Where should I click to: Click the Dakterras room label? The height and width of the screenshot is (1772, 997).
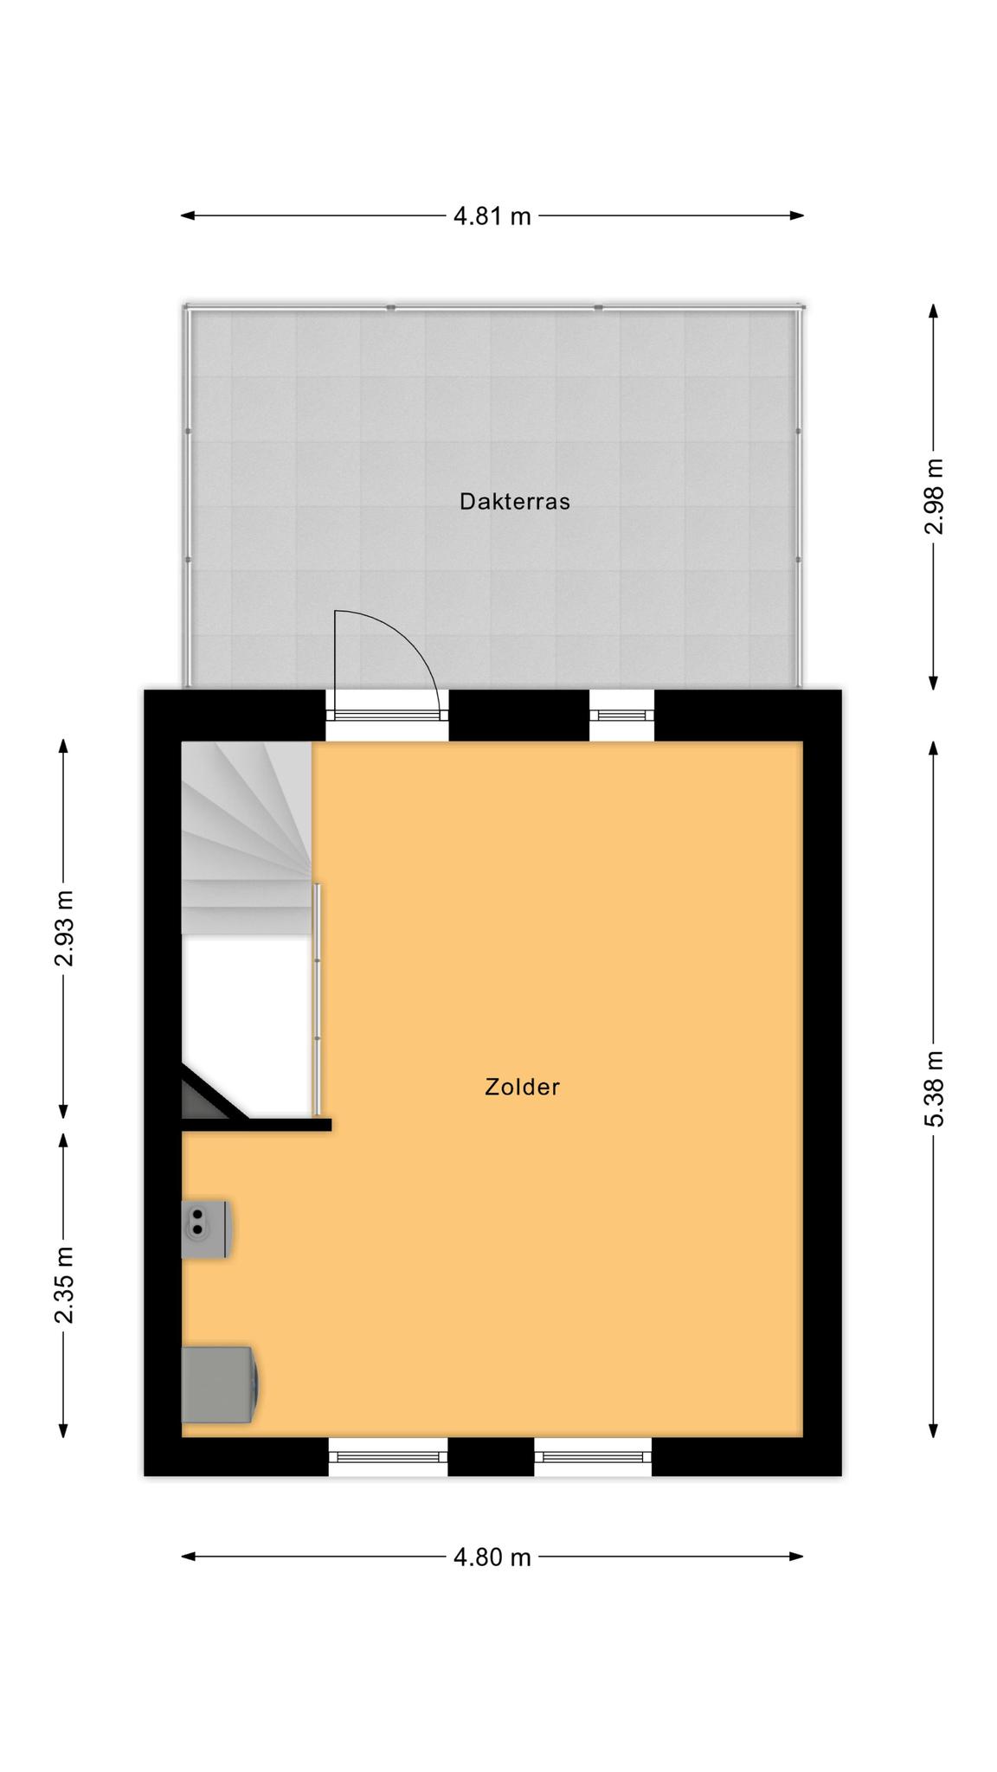(x=514, y=502)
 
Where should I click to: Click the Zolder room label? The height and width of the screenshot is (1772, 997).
(x=522, y=1087)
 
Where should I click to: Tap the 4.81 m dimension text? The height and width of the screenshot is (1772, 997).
(x=492, y=216)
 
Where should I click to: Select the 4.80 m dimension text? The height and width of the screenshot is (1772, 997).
(x=492, y=1557)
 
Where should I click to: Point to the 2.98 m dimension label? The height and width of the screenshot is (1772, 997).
(x=934, y=496)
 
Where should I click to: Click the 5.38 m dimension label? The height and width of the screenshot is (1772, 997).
(x=934, y=1088)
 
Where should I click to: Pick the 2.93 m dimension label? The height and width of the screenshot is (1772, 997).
(x=63, y=928)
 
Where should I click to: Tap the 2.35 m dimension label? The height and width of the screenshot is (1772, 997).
(x=63, y=1285)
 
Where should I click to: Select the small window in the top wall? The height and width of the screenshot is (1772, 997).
(x=621, y=716)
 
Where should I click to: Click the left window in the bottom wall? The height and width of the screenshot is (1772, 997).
(x=388, y=1457)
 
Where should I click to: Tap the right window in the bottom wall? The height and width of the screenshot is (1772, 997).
(x=593, y=1457)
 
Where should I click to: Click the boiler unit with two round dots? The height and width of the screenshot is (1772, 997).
(x=205, y=1229)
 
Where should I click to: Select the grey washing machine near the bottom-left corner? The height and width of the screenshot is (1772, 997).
(x=219, y=1384)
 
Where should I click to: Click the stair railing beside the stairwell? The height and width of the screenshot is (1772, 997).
(x=318, y=999)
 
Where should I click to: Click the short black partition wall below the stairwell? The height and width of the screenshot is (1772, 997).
(x=256, y=1125)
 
